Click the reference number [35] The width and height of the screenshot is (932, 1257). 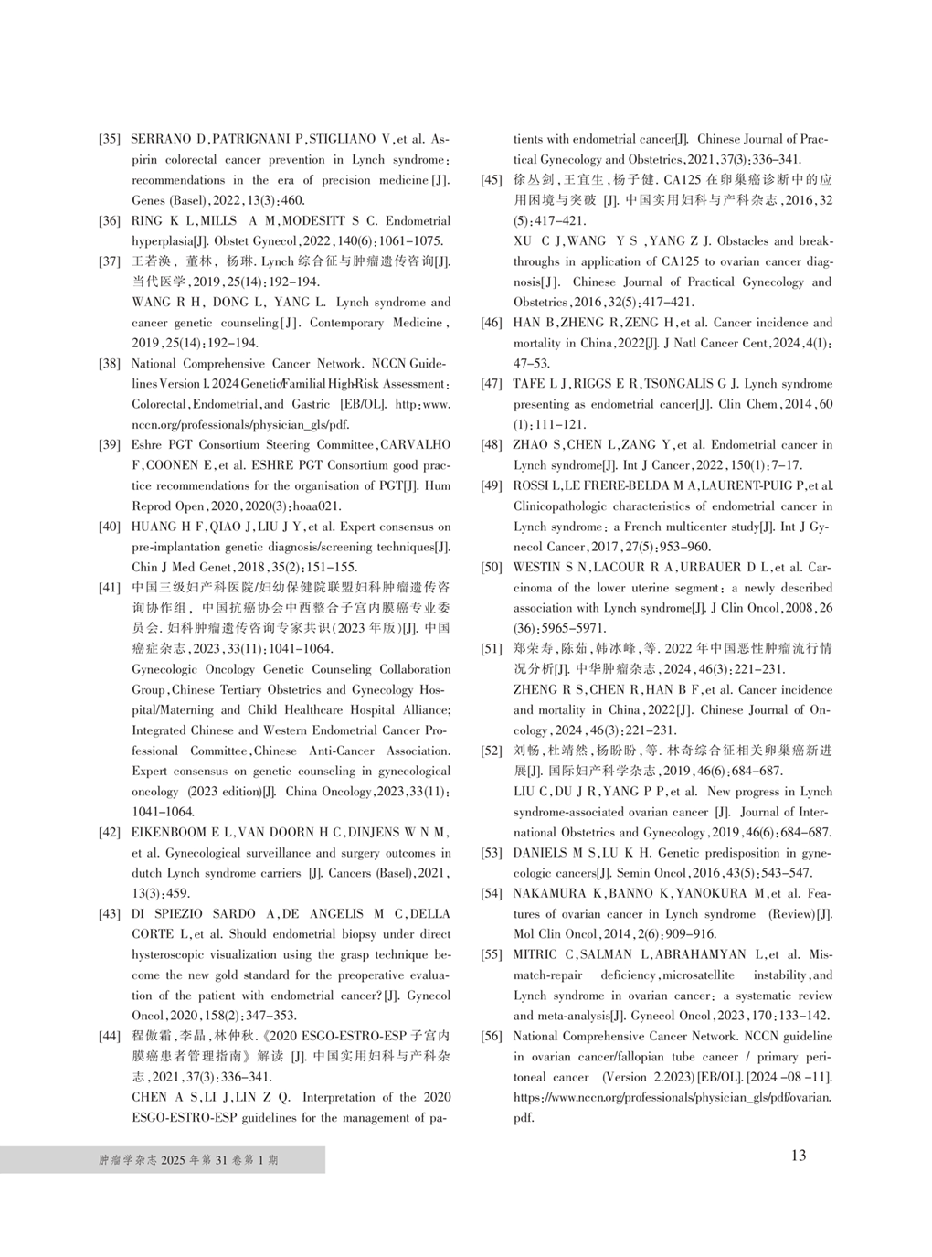tap(110, 140)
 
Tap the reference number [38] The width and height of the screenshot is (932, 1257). tap(110, 364)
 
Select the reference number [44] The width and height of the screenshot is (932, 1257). tap(110, 1037)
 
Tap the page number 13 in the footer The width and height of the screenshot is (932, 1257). tap(799, 1156)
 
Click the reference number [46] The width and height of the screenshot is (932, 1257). tap(492, 323)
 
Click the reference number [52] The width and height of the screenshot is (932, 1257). tap(492, 751)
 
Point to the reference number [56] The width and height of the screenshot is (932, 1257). tap(492, 1037)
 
